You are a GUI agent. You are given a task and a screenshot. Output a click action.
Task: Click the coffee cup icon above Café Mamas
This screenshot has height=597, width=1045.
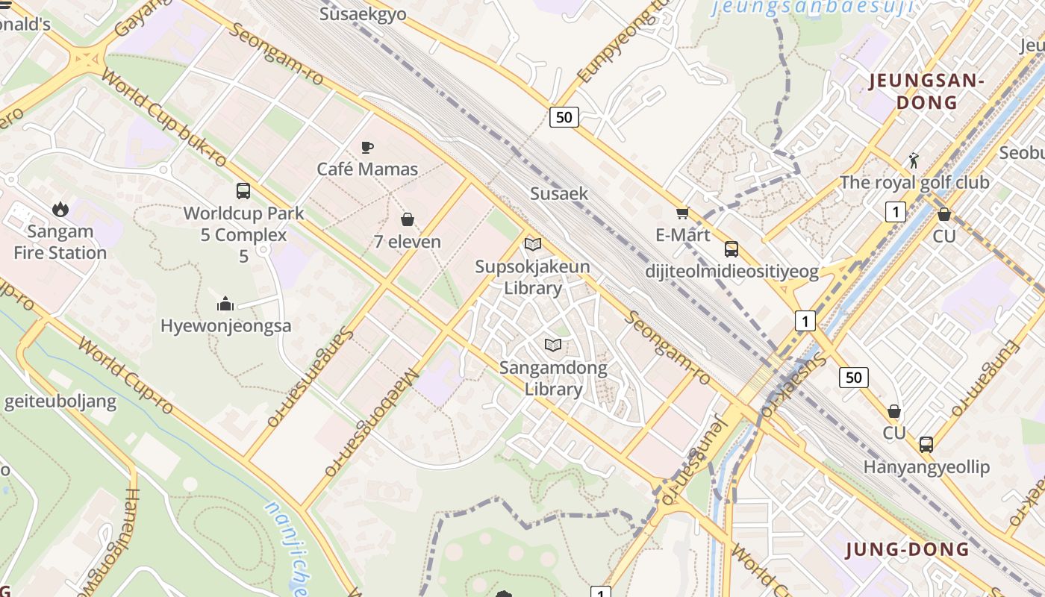(x=366, y=147)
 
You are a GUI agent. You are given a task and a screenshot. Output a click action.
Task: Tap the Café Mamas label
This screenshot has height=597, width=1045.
(x=367, y=169)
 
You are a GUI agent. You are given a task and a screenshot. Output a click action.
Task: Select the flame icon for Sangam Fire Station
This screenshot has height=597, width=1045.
(x=60, y=210)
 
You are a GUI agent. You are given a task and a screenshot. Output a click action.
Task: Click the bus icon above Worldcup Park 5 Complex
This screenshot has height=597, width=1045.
(x=243, y=191)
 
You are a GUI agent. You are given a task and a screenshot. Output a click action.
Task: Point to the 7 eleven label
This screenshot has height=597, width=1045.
(x=408, y=242)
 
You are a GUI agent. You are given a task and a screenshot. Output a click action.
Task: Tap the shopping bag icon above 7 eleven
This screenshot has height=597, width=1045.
(x=408, y=219)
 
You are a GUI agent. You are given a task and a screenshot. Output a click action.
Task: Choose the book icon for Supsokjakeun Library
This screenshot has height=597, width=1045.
(x=533, y=245)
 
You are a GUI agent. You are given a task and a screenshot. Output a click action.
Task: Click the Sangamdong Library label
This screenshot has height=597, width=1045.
(x=553, y=378)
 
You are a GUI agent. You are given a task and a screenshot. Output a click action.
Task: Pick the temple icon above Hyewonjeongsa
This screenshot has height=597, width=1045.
(x=225, y=304)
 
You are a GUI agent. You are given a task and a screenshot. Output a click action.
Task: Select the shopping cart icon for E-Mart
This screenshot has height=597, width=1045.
(x=682, y=213)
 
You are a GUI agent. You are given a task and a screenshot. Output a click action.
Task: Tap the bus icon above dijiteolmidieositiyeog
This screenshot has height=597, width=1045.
(x=731, y=249)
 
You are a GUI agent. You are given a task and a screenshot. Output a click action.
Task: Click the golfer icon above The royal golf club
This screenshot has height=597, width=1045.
(x=914, y=160)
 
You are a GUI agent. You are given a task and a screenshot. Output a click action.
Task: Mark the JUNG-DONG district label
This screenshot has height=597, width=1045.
(x=907, y=550)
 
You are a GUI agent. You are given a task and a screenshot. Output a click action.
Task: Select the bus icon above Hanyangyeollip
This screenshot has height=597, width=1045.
(x=926, y=445)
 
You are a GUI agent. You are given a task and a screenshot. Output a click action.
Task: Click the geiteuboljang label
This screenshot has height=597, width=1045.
(x=60, y=402)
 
